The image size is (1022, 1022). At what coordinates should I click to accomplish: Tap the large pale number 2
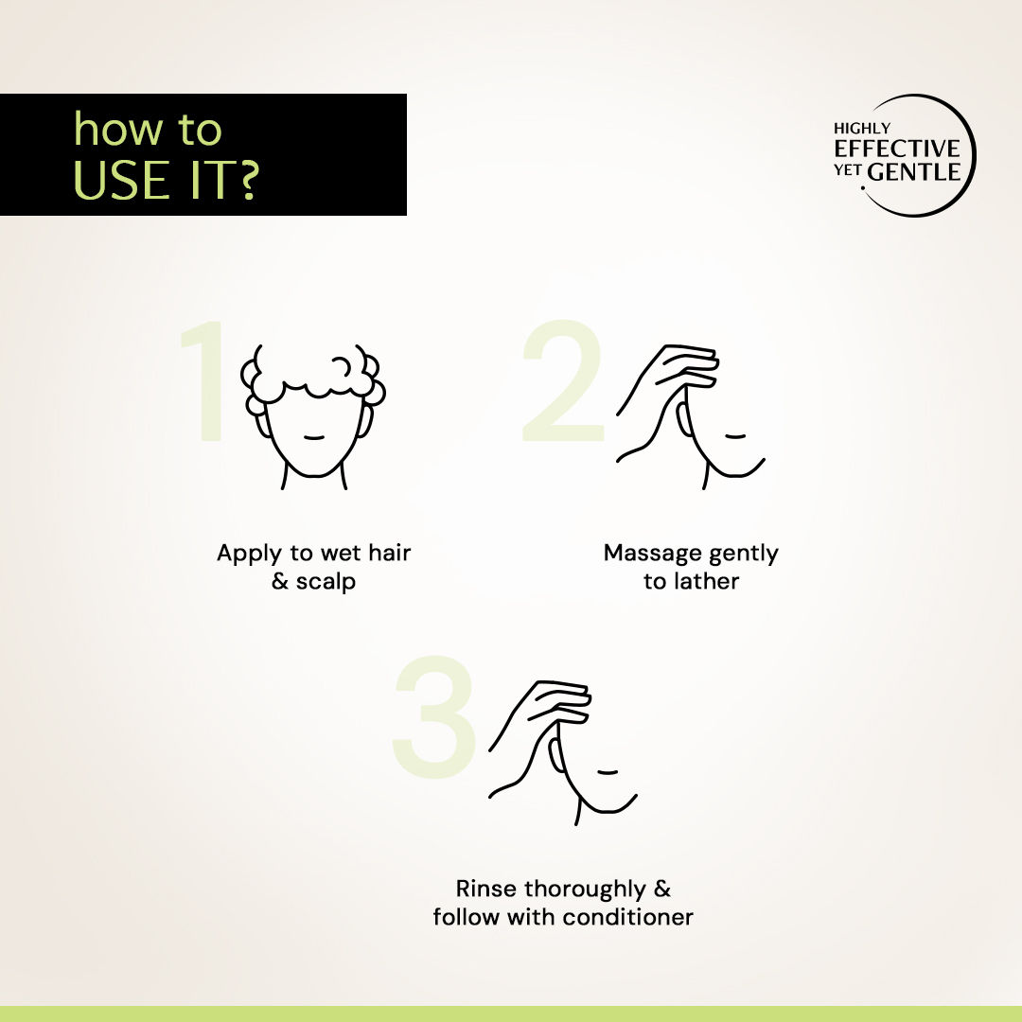click(563, 380)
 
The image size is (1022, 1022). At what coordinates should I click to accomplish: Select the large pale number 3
click(434, 716)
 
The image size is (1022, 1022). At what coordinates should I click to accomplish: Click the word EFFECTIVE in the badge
click(897, 149)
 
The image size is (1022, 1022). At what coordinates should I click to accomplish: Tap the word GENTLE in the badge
click(914, 172)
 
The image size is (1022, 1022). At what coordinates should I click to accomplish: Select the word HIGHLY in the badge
click(862, 129)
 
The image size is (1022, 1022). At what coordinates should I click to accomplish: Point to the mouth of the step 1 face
click(314, 437)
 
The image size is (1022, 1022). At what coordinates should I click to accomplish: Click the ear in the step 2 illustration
click(683, 419)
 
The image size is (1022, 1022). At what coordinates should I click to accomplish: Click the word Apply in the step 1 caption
click(250, 554)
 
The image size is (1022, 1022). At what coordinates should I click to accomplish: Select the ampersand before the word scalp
click(279, 580)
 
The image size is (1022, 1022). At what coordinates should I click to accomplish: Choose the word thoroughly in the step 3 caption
click(585, 889)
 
